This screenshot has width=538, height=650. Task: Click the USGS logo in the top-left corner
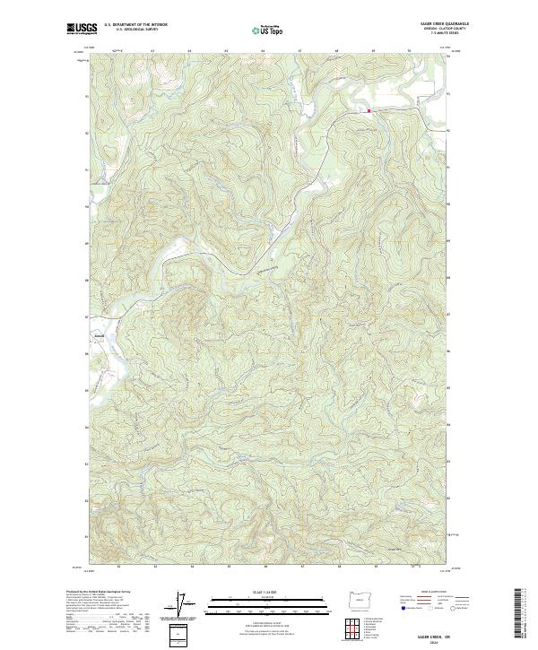[82, 28]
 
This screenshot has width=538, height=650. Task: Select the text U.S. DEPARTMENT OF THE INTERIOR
[135, 25]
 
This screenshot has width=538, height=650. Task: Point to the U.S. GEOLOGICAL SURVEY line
[131, 30]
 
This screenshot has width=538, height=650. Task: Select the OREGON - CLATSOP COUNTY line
[446, 30]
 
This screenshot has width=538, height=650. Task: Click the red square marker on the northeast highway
[368, 111]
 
